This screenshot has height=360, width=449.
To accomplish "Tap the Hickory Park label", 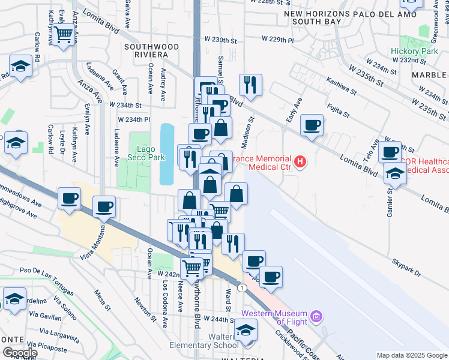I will tap(423, 52).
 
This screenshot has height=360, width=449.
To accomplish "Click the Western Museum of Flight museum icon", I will tap(318, 316).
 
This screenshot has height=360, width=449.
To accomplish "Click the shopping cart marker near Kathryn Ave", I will tap(62, 35).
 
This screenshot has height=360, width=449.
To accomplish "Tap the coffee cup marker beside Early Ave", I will tap(312, 126).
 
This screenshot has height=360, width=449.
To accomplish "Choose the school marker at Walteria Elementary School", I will tap(245, 330).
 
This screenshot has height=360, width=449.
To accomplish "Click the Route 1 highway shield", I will tap(241, 289).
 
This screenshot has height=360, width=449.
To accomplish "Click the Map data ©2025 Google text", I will tap(411, 355).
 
